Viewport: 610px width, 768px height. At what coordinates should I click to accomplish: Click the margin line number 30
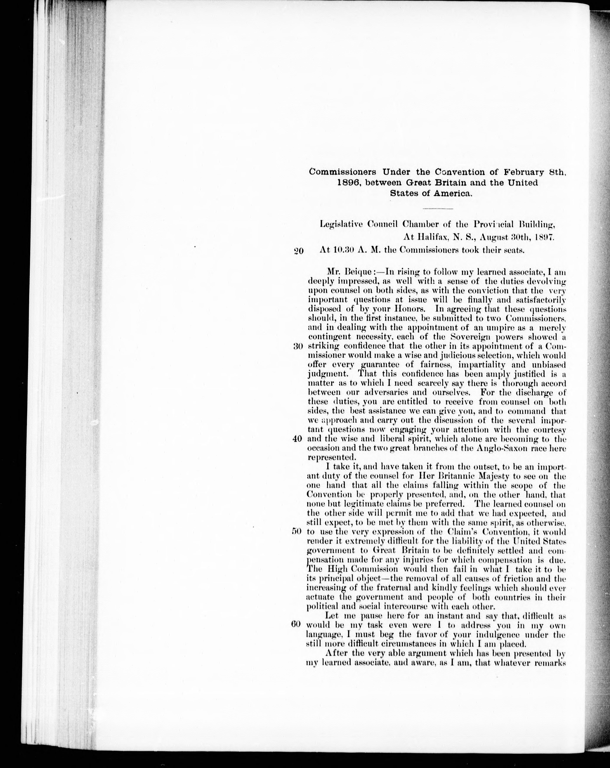298,346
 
